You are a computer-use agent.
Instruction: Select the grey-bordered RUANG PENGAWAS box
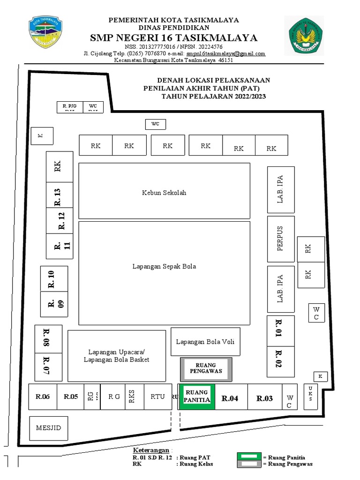tap(206, 369)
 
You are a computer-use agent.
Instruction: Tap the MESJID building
tap(49, 428)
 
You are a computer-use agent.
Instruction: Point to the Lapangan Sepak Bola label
tap(164, 266)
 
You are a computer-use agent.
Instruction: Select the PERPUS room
tap(281, 239)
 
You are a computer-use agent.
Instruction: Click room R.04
tap(230, 398)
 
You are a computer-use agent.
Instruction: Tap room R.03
tap(264, 398)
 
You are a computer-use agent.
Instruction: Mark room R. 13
tap(59, 195)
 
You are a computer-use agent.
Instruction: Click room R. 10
tap(53, 278)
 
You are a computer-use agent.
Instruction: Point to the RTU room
tap(157, 397)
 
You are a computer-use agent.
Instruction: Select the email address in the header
tap(226, 53)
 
